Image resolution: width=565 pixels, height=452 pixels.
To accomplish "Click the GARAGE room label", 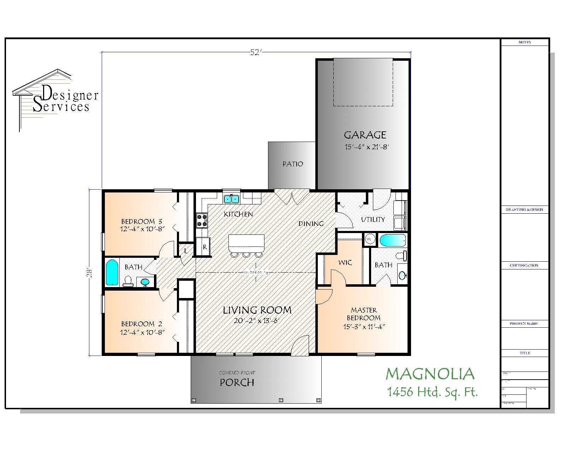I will tap(365, 135).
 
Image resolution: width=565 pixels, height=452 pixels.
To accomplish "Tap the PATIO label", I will tap(293, 164).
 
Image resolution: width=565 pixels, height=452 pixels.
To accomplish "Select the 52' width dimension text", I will tap(256, 52).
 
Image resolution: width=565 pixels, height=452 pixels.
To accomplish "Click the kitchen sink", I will tap(231, 199).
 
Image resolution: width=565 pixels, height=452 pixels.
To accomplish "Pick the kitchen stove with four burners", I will tap(202, 220).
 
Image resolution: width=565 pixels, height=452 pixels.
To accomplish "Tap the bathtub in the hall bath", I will tap(112, 272).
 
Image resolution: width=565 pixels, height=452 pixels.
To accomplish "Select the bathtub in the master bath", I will tap(393, 241).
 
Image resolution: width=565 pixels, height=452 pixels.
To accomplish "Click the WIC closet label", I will tap(345, 263).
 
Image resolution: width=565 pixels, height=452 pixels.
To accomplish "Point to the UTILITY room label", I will tap(373, 220).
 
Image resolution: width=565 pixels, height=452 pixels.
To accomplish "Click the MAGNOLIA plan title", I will tap(430, 374).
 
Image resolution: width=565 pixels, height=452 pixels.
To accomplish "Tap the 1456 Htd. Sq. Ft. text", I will tap(432, 392).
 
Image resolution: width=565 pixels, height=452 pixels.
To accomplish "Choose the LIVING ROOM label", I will tap(257, 310).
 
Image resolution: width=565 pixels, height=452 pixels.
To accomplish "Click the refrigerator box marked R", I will tap(205, 247).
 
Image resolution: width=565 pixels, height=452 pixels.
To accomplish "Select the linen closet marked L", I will tap(186, 251).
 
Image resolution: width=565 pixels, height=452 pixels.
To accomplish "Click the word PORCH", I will tap(237, 382).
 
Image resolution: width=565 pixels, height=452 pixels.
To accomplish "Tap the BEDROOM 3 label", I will tap(142, 221).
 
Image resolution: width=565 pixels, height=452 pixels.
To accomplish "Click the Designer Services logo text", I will tap(65, 101).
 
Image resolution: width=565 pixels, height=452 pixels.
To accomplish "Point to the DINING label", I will tap(311, 224).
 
